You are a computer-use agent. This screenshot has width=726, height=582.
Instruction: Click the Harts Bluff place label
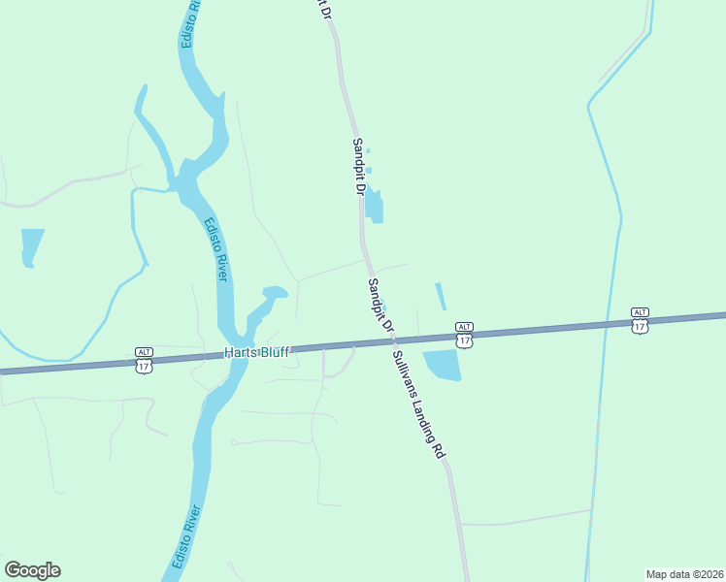click(257, 351)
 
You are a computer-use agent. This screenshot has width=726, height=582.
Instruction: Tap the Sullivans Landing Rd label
click(419, 404)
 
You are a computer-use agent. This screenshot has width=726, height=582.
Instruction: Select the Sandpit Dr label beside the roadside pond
click(358, 167)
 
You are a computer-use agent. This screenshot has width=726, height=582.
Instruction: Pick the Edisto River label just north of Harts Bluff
click(215, 249)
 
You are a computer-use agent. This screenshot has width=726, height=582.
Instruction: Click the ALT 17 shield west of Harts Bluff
click(144, 360)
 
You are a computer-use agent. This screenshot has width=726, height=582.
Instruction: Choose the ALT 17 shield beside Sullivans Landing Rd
click(464, 335)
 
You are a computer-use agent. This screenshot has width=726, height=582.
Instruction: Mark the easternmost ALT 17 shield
click(639, 320)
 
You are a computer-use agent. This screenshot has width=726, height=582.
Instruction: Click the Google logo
click(32, 570)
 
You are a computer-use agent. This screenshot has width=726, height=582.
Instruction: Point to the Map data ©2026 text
click(684, 573)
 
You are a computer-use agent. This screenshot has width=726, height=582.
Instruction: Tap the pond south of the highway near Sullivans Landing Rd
click(442, 365)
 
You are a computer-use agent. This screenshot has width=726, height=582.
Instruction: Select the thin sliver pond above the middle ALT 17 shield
click(441, 296)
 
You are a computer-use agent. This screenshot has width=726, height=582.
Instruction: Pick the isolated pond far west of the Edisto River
click(31, 245)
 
